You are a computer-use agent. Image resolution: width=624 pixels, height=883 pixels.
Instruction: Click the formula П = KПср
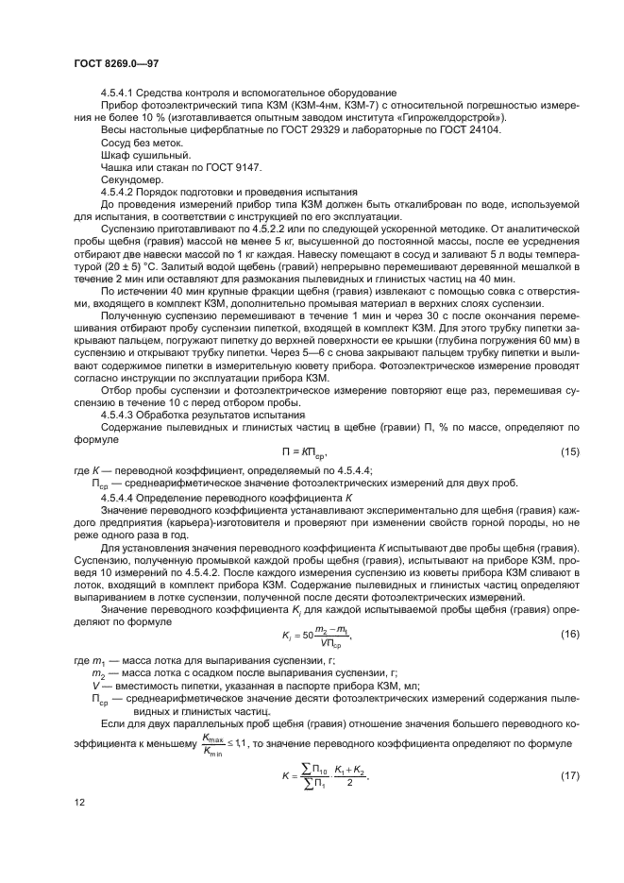pos(312,453)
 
